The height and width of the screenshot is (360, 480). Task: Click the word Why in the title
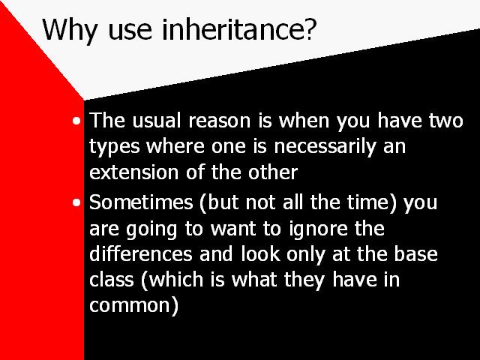(70, 30)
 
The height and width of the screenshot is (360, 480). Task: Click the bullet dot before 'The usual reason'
(76, 121)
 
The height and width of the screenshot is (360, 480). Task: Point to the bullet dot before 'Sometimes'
(76, 202)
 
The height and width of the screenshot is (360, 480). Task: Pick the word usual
(157, 120)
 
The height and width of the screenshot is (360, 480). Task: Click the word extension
(133, 172)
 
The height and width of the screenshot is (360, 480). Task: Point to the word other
(273, 172)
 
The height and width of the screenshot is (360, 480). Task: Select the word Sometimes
(141, 202)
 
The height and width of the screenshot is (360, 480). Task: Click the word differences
(141, 254)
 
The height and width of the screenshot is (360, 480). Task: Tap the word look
(260, 254)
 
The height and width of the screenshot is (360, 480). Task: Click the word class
(112, 280)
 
